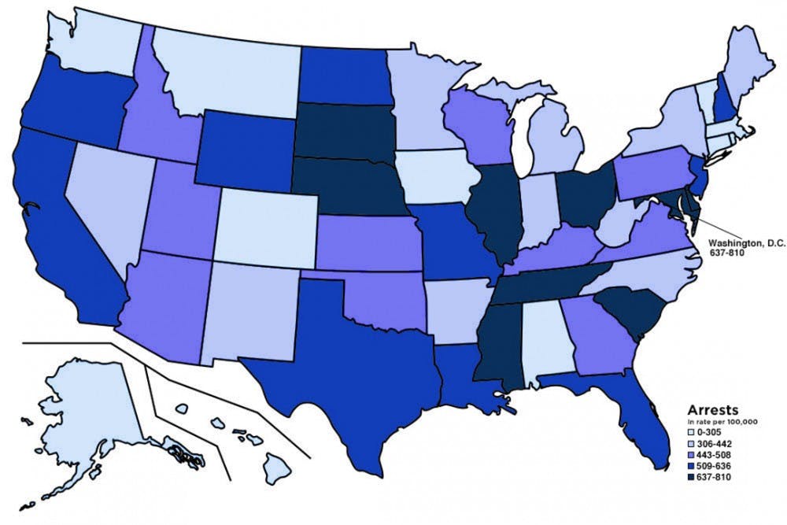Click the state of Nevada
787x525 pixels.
coord(110,197)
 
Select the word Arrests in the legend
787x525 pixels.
coord(713,409)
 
